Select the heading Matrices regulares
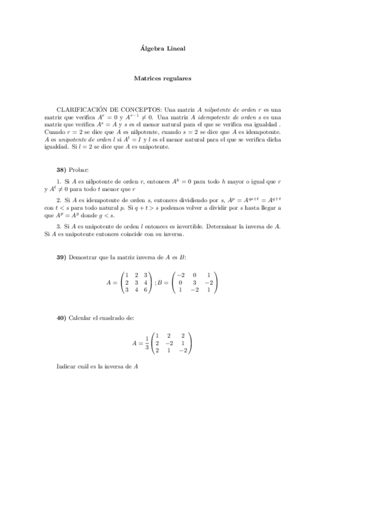coord(163,78)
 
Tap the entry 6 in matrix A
coord(145,290)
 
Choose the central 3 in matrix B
coord(194,283)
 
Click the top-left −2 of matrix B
coord(181,275)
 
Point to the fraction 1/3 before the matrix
coord(146,343)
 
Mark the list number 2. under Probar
coord(58,200)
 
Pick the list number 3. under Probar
coord(58,226)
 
